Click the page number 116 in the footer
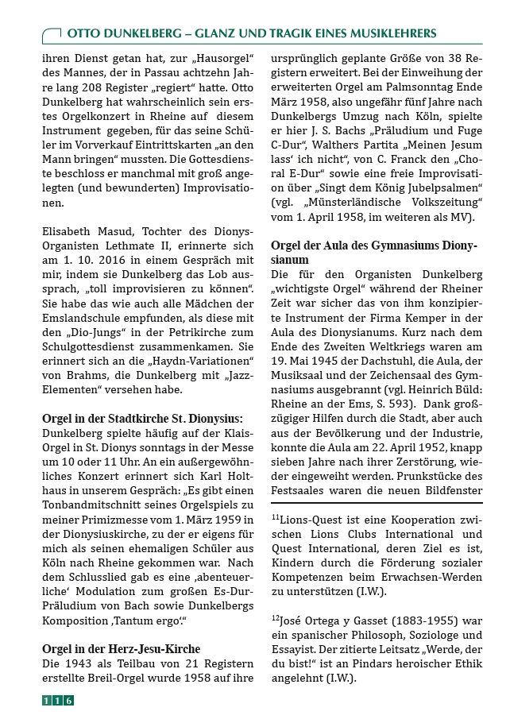coord(57,700)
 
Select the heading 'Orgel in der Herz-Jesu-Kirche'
coord(121,649)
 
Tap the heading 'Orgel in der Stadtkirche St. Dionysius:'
coord(142,419)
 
